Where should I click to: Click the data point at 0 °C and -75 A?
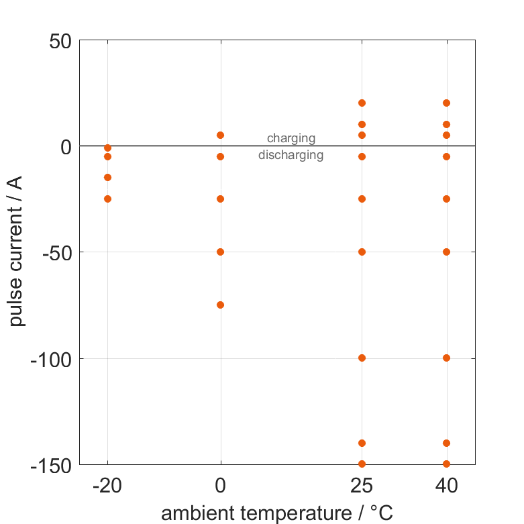[x=220, y=305]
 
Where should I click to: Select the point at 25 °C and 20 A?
[x=362, y=103]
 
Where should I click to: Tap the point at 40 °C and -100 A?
[x=446, y=358]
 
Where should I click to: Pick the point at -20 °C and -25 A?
[x=107, y=199]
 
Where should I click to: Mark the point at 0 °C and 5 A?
[x=220, y=135]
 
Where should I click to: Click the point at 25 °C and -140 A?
[x=362, y=443]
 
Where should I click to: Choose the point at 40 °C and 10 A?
[x=446, y=124]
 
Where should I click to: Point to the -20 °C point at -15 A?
[x=107, y=177]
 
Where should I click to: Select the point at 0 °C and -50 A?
[x=220, y=252]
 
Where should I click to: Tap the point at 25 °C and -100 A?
[x=362, y=358]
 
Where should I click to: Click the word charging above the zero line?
[x=291, y=138]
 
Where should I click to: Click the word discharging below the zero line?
[x=291, y=155]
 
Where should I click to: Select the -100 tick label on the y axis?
[x=51, y=358]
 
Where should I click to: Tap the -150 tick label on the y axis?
[x=51, y=464]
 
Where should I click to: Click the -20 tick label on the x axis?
[x=107, y=486]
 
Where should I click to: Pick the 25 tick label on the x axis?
[x=362, y=486]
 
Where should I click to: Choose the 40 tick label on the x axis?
[x=446, y=486]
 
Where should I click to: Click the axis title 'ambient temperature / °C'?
[x=277, y=513]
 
